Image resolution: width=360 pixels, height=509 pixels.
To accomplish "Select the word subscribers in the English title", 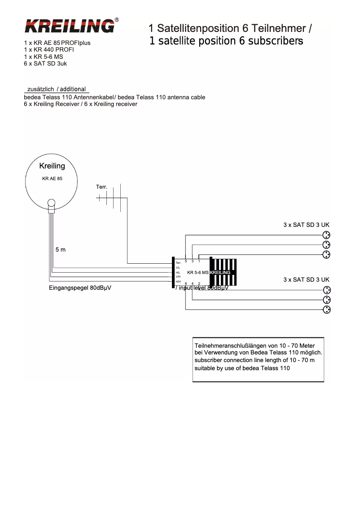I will tap(274, 41).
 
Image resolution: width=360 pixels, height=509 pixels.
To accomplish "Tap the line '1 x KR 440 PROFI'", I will tap(49, 50).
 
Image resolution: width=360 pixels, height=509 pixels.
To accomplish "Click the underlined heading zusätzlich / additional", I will tap(57, 89).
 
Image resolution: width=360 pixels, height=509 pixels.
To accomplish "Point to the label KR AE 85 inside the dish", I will tap(52, 178).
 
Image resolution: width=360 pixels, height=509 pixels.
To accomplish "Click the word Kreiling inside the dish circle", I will tap(52, 166).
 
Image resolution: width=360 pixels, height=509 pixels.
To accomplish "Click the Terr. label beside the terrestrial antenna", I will tap(102, 186).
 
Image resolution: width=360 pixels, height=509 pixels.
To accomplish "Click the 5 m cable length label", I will tap(61, 249).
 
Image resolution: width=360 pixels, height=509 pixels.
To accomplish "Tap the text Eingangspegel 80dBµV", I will tap(80, 288).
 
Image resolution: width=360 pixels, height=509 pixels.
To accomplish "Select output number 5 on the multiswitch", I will tap(186, 261).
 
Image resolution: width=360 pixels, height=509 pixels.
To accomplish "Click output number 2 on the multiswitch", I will tap(199, 283).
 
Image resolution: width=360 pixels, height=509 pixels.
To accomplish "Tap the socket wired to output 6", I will tap(327, 310).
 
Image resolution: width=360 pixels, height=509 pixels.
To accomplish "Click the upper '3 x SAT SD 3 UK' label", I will tap(306, 225).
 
